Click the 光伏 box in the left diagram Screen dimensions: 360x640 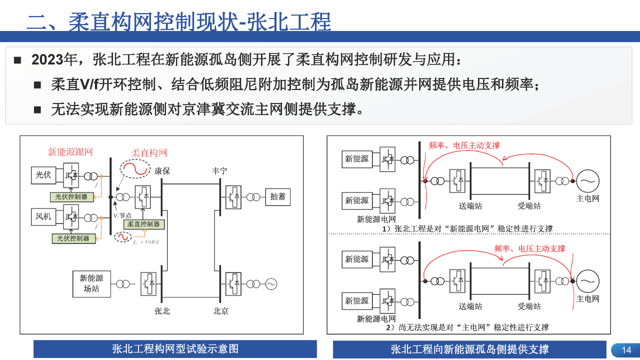(43, 175)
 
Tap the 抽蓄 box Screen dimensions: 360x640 (277, 196)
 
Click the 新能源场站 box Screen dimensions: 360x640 (91, 283)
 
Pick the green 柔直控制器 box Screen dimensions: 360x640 (143, 224)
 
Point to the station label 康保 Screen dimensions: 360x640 (162, 171)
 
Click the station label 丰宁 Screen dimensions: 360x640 (219, 171)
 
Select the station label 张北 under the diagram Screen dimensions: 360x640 (162, 311)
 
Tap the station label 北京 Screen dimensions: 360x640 (220, 311)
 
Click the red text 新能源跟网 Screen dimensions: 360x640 (70, 152)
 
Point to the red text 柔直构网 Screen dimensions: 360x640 (149, 152)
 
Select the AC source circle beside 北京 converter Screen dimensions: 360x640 (270, 283)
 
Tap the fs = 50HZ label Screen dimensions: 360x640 (145, 242)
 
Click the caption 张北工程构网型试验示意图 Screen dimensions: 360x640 (175, 349)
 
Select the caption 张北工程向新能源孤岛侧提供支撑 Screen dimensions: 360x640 (469, 349)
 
